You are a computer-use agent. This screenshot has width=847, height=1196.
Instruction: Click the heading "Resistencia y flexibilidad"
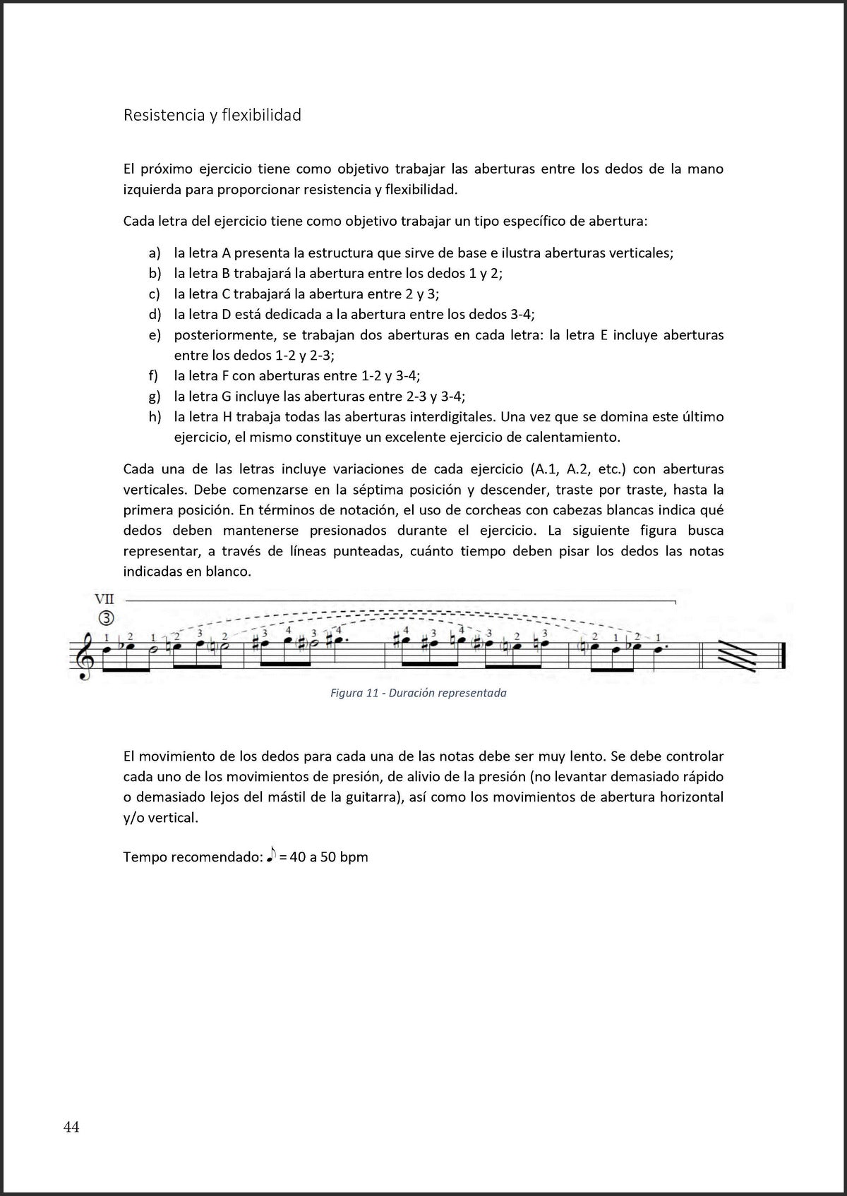tap(212, 115)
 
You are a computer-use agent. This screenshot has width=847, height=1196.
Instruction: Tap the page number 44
tap(71, 1127)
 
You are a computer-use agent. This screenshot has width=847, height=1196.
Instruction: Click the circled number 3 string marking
tap(106, 619)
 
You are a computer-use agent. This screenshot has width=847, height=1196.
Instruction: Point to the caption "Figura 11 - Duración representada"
tap(419, 693)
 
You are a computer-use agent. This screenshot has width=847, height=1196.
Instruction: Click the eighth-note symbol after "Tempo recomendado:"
tap(271, 856)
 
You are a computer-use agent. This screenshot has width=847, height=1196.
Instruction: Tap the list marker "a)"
tap(154, 253)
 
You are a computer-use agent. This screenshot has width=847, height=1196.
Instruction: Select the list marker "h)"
tap(155, 416)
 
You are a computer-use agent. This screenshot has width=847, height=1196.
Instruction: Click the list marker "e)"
tap(155, 334)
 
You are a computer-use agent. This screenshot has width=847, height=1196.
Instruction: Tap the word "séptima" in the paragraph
tap(394, 490)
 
